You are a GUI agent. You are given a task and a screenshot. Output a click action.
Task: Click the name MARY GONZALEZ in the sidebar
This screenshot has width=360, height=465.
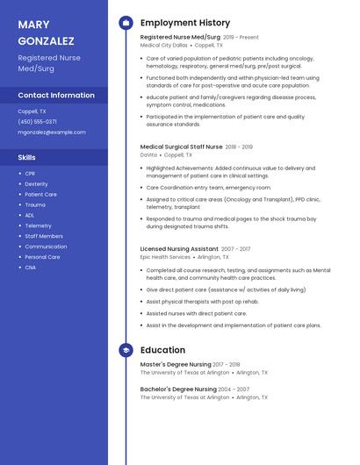pos(46,32)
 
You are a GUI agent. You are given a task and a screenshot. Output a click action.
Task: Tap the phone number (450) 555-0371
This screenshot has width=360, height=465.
pos(38,122)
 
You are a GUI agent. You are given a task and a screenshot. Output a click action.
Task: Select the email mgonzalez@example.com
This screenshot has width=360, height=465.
pos(52,132)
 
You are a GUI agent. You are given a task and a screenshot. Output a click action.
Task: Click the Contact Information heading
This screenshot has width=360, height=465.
pos(56,95)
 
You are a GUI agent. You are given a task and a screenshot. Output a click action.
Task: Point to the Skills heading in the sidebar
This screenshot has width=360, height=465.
pos(27,157)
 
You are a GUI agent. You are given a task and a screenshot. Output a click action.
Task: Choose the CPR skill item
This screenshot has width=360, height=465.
pos(30,174)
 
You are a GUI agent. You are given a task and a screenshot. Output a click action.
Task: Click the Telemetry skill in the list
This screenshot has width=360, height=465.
pos(38,225)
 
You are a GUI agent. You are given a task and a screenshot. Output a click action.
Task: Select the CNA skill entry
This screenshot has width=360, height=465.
pos(30,268)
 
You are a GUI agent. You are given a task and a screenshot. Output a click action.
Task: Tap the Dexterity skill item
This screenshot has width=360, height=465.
pos(36,184)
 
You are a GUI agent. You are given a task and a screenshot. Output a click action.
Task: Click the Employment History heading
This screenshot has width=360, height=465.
pos(185,23)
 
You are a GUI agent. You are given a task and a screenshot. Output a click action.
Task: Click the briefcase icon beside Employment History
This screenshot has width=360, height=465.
pos(126,23)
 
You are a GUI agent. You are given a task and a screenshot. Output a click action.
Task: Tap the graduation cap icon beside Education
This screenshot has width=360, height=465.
pos(126,350)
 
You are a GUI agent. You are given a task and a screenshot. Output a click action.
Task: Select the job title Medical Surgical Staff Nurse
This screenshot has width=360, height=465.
pos(182,147)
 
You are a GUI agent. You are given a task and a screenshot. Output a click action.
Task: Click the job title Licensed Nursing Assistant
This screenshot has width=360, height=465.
pos(179,249)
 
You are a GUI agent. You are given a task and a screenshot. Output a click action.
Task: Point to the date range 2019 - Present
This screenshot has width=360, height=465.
pos(241,38)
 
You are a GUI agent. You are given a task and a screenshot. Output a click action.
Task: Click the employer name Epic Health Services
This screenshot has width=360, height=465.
pos(165,258)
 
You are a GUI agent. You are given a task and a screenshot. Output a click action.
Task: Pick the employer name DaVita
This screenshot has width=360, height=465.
pos(148,155)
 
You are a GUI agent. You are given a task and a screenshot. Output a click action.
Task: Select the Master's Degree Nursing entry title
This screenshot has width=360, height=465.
pos(176,364)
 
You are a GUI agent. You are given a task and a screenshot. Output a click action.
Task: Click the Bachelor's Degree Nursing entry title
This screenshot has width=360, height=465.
pos(178,389)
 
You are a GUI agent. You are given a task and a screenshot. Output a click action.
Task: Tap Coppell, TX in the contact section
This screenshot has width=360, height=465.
pos(32,111)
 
